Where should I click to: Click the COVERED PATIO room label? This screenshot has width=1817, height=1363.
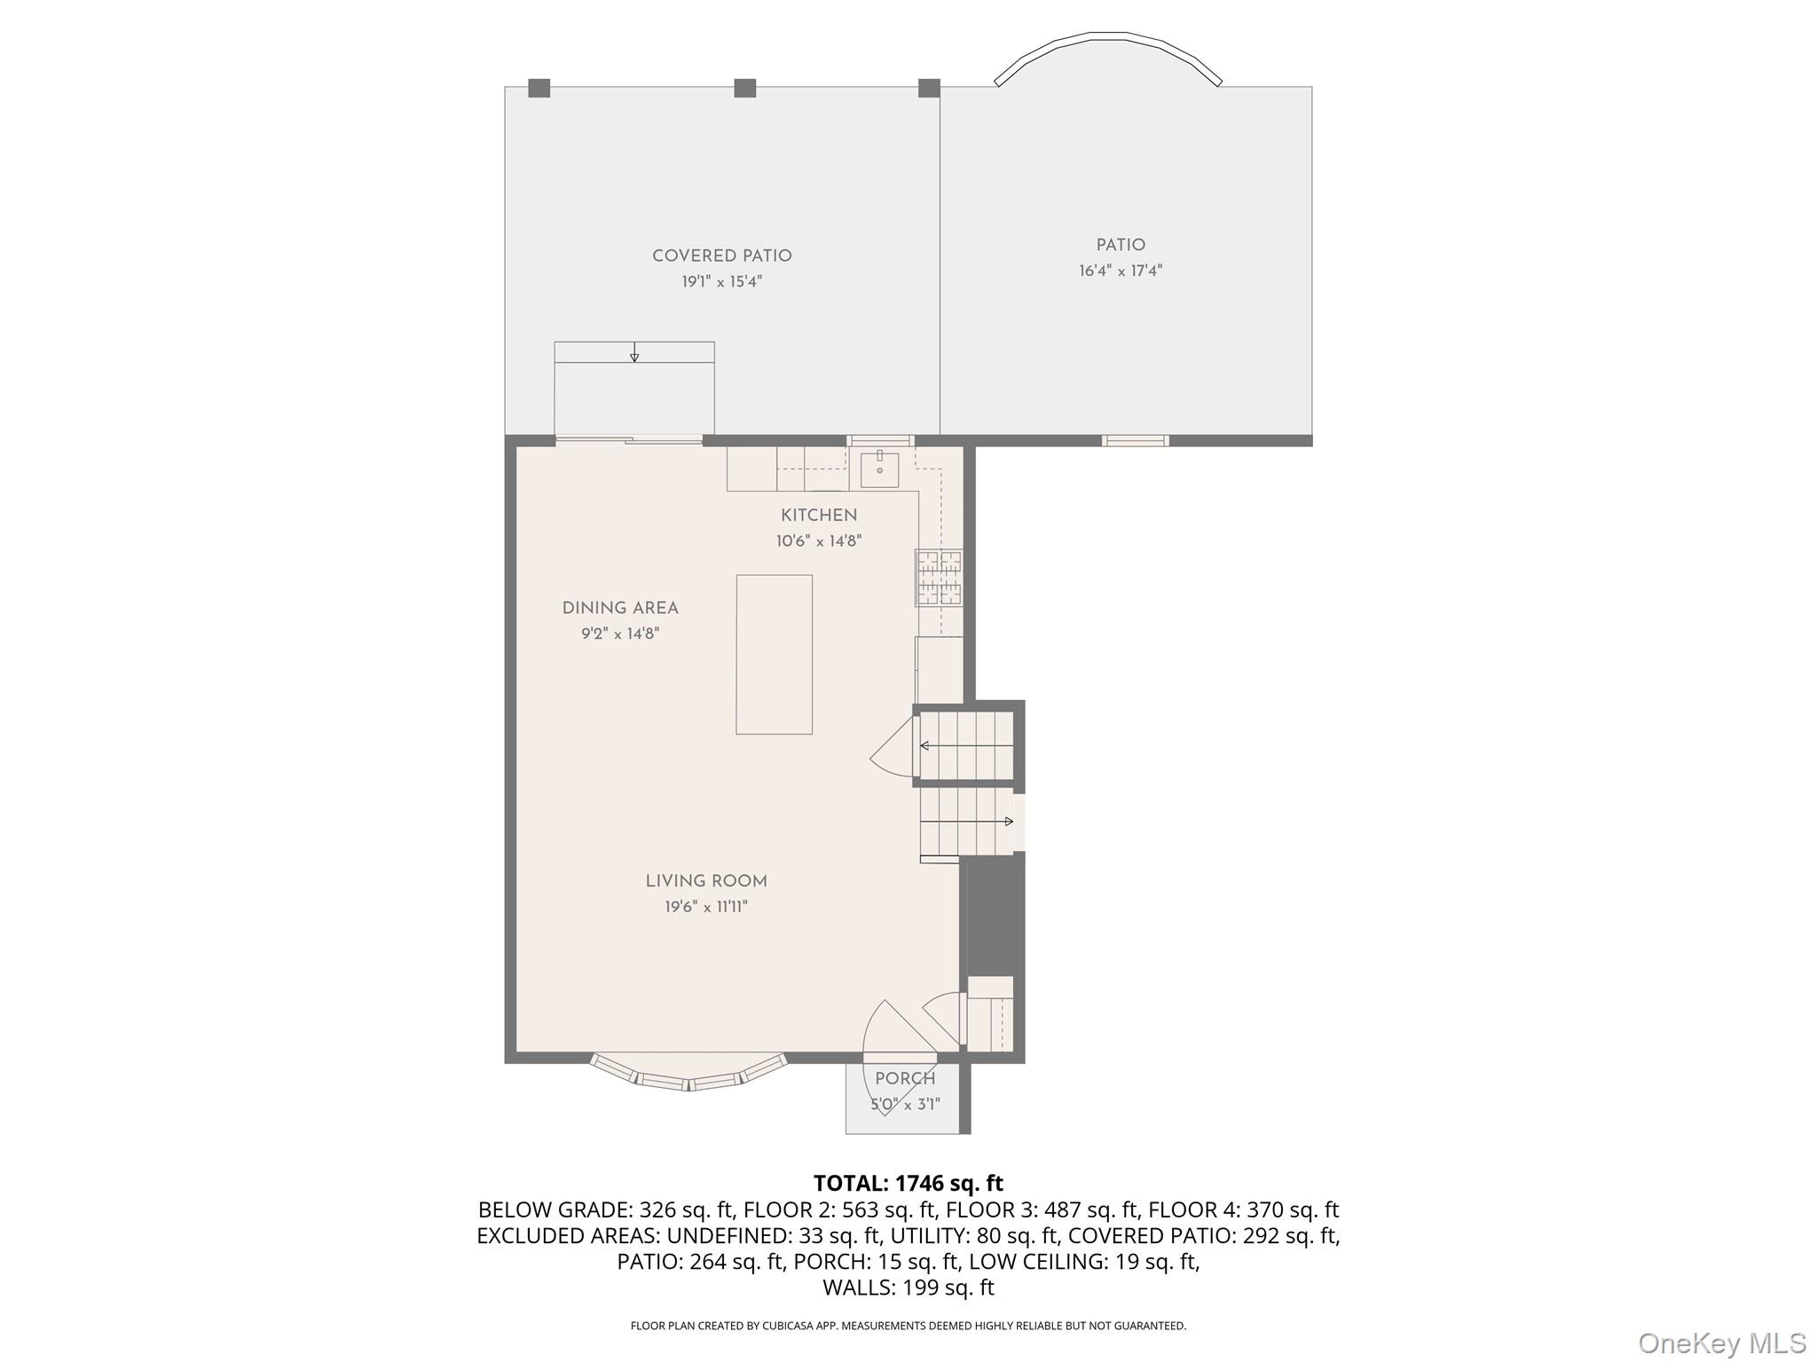pos(721,256)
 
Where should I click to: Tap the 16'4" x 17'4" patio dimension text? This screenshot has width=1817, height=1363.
pos(1120,271)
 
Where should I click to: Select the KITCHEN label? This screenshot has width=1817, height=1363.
pos(818,516)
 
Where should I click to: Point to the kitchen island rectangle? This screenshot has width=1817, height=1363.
pos(774,654)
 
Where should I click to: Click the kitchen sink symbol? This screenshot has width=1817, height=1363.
pos(879,469)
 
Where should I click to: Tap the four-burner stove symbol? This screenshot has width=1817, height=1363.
pos(939,578)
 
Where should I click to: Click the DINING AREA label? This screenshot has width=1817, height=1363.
pos(619,608)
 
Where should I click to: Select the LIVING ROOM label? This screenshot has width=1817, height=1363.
pos(706,881)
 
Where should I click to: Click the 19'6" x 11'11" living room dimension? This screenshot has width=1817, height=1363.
pos(706,907)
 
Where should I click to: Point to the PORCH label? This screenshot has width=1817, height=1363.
pos(905,1079)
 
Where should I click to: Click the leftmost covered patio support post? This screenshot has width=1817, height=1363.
pos(539,88)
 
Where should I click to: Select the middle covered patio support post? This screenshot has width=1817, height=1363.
pos(744,88)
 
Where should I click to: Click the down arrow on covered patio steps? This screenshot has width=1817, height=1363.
pos(634,354)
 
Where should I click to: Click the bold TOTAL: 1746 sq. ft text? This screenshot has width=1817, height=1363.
pos(908,1183)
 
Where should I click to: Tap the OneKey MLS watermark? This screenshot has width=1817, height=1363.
pos(1721,1343)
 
